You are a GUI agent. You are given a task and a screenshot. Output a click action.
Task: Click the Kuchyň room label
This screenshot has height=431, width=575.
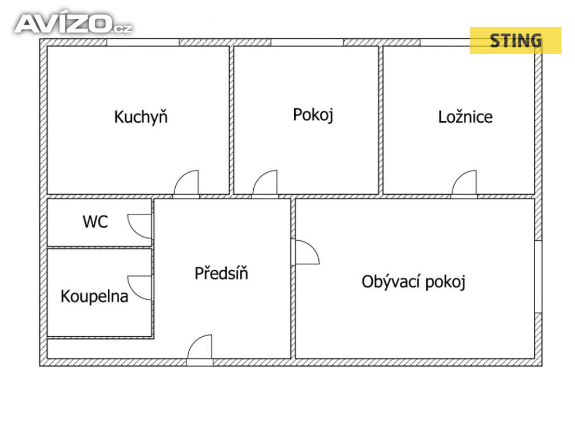point(140,117)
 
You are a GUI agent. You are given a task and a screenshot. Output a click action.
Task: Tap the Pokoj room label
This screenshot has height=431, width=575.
point(313,114)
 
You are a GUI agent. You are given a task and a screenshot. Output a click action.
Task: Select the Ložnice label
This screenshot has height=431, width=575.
point(465,117)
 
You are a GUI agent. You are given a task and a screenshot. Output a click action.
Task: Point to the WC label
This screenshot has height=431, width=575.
point(95,222)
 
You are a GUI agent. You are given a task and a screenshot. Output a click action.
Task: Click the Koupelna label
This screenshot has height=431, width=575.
point(94,296)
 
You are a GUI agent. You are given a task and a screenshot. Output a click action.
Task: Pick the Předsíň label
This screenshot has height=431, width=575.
point(221,273)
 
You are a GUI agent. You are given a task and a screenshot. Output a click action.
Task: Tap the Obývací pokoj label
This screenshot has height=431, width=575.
point(414,281)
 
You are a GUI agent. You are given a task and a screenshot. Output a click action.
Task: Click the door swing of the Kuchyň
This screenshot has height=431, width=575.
point(187,184)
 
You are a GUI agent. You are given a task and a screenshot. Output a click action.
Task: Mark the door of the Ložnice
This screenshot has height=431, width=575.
point(464,184)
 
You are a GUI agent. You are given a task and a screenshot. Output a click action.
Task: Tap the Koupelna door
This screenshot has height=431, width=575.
point(140,287)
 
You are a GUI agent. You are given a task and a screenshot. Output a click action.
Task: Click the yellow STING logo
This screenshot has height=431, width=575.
point(515,40)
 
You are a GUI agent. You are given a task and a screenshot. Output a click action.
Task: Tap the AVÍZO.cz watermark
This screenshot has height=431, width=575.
point(73,24)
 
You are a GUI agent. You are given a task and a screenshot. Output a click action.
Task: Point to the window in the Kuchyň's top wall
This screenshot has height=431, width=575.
point(143,42)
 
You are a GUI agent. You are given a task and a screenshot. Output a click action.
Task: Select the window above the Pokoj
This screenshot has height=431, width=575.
point(307,42)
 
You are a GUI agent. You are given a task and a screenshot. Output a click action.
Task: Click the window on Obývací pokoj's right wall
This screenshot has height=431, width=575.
point(538,277)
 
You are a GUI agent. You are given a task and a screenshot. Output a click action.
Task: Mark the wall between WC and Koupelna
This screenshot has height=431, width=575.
point(99,246)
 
